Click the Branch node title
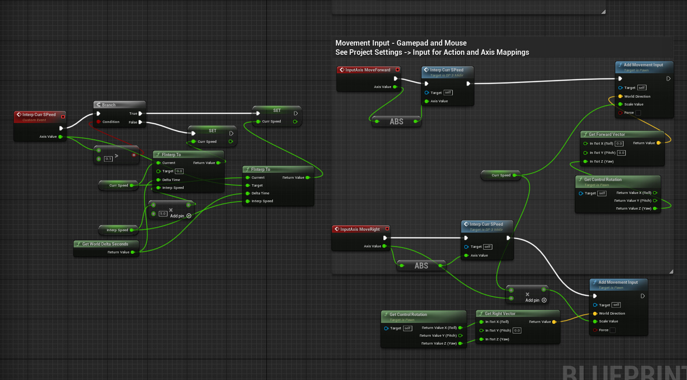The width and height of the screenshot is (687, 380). (109, 105)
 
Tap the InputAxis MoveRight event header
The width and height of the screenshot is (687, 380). (360, 229)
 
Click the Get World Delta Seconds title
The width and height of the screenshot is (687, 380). (105, 244)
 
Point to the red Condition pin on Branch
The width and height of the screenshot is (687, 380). (98, 122)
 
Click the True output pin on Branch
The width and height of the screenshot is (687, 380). (140, 113)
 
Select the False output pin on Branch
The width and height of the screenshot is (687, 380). (140, 122)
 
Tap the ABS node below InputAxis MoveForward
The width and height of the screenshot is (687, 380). (396, 122)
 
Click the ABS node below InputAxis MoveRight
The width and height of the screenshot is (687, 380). (421, 266)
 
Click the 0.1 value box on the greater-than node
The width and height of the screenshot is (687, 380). (108, 159)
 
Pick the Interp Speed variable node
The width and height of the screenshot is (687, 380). (117, 230)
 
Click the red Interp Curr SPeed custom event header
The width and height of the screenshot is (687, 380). (39, 115)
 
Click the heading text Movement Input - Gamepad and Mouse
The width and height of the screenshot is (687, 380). (401, 43)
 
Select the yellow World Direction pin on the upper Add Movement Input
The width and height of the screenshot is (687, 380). (620, 96)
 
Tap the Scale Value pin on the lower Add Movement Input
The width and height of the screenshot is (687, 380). (595, 322)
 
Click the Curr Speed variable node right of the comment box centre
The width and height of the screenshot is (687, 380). (501, 175)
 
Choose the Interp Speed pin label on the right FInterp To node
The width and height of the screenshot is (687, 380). (262, 201)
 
